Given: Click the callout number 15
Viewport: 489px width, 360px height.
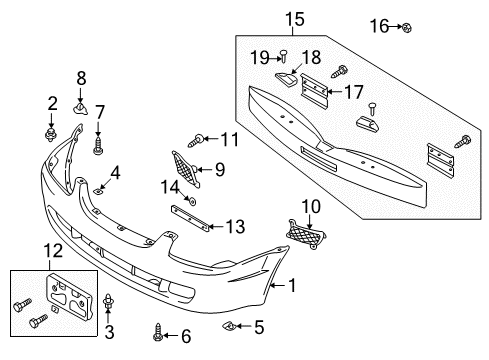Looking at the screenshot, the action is (x=295, y=19).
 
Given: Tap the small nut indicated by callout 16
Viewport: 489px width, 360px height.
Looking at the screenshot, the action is (x=407, y=28).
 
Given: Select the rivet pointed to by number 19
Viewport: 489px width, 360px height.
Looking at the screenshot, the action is (x=284, y=56).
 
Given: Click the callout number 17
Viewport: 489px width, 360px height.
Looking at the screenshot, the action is (x=353, y=92).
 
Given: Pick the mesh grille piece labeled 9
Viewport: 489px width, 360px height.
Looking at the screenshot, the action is (x=185, y=168).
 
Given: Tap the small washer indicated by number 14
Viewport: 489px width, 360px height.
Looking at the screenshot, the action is (x=192, y=201).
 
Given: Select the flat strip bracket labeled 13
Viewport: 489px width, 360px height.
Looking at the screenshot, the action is (x=190, y=218).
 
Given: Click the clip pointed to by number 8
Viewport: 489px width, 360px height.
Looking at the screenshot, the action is (x=80, y=108).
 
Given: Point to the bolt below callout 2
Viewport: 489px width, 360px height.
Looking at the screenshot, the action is (x=51, y=134).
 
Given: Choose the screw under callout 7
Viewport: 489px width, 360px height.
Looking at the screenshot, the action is (x=98, y=145).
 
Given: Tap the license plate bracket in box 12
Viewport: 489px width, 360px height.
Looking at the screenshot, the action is (x=69, y=296).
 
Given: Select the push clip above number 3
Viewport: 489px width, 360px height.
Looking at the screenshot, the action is (x=108, y=301).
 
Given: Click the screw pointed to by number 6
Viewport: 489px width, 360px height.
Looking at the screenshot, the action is (x=158, y=333).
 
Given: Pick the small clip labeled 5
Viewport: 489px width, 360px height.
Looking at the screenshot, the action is (x=229, y=325).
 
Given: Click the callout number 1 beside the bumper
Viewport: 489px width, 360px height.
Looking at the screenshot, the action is (x=292, y=285).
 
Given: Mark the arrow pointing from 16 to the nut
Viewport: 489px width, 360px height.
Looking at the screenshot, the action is (x=395, y=27).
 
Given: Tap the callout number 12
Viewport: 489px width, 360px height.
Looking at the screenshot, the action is (x=53, y=250).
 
